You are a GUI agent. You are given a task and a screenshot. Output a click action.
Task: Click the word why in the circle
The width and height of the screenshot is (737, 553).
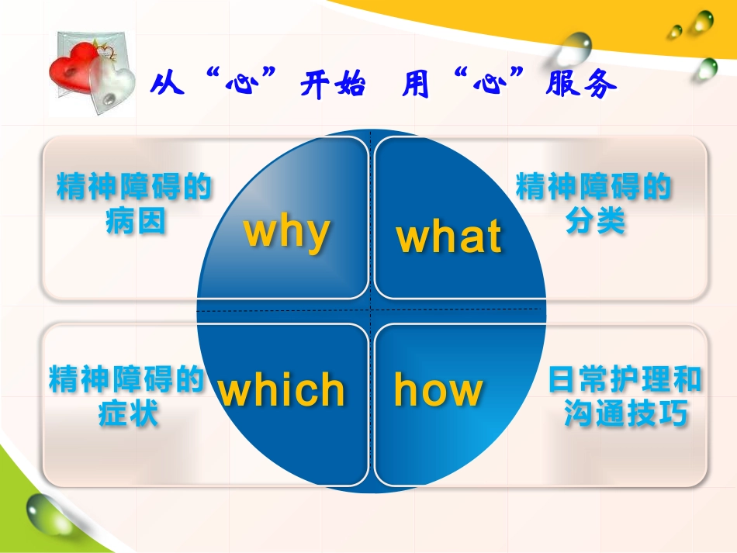[x=287, y=230]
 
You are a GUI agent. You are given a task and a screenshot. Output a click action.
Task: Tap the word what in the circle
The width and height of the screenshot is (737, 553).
[x=449, y=237]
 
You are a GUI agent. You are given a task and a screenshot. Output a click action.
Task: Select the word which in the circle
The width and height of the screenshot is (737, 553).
[x=282, y=389]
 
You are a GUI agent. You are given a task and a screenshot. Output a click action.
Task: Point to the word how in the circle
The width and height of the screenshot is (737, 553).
[x=438, y=389]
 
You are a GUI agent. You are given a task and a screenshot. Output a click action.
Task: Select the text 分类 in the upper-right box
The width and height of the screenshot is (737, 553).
[x=595, y=223]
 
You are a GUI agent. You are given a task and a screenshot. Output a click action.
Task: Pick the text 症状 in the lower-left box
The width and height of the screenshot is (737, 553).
[x=129, y=415]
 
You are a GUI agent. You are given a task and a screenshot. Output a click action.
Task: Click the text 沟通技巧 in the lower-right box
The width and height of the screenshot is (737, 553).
[x=626, y=415]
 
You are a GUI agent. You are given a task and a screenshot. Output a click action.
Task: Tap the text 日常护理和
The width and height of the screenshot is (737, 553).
[x=625, y=380]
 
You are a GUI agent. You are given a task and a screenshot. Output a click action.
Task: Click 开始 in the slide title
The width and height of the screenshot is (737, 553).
[x=331, y=85]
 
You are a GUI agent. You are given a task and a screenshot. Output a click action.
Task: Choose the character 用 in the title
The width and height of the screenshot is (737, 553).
[x=417, y=85]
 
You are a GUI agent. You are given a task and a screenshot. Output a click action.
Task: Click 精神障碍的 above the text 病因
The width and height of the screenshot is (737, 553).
[x=135, y=187]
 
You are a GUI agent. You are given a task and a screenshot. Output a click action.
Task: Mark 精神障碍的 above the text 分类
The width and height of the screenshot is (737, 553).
[x=593, y=187]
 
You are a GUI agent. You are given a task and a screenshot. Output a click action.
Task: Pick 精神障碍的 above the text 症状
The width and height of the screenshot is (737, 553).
[x=126, y=380]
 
